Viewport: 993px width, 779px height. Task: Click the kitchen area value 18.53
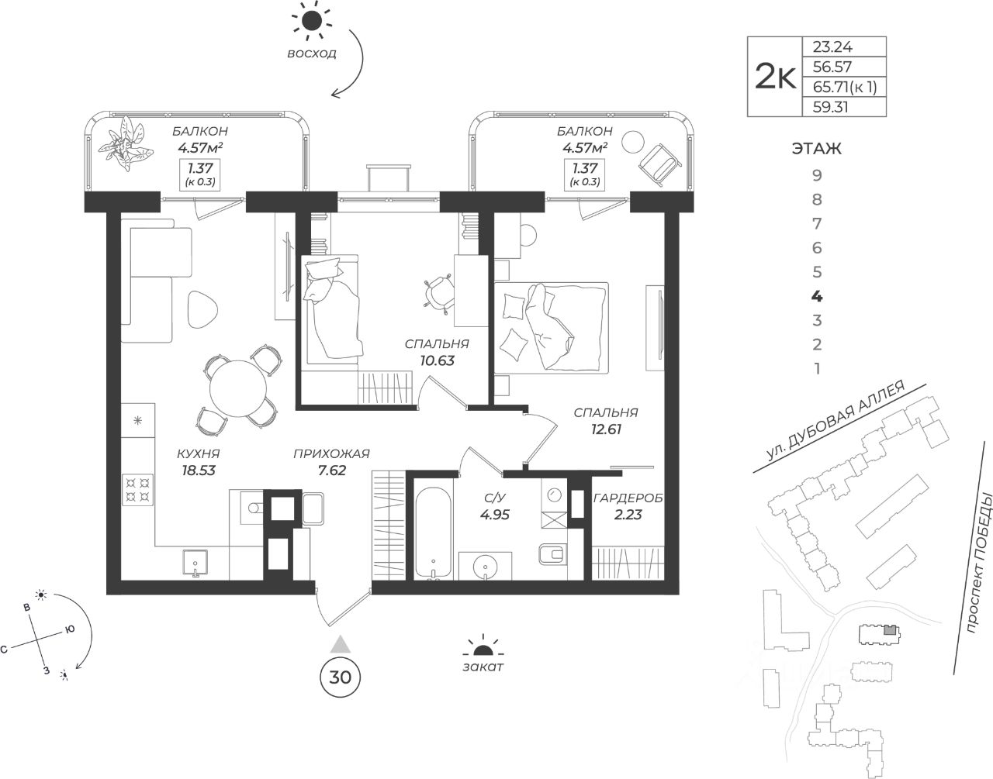199,470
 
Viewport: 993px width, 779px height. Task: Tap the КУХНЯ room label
199,453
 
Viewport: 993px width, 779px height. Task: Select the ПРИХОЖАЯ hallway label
331,453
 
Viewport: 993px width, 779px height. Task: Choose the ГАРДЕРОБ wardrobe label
628,498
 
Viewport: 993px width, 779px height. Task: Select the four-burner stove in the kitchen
137,490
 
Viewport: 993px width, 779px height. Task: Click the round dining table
238,388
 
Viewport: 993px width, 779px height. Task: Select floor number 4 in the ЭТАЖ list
816,296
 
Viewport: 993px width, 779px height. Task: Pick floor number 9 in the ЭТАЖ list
816,175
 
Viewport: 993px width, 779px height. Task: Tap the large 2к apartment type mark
774,78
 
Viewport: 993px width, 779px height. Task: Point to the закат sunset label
483,666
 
